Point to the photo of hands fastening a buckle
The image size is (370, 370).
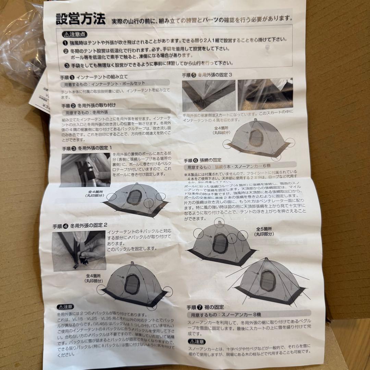pos(79,251)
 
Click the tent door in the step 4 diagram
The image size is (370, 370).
pos(132,283)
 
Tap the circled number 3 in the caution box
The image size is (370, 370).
pos(65,63)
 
